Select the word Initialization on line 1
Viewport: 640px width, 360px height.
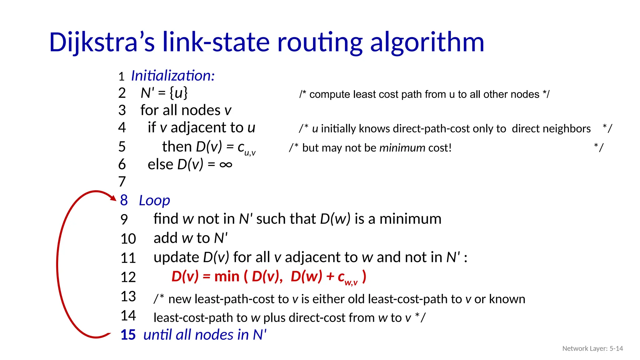click(172, 76)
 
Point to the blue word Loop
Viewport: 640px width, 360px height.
click(154, 201)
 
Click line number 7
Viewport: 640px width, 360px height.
click(122, 182)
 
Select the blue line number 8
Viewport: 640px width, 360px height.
click(124, 200)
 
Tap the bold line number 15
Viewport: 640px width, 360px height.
click(128, 335)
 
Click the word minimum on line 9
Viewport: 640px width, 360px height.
click(410, 219)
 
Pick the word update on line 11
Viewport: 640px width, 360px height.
click(176, 257)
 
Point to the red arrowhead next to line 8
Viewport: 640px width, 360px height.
click(113, 197)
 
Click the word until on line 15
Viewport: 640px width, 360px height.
click(158, 335)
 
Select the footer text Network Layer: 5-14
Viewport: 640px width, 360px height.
click(592, 348)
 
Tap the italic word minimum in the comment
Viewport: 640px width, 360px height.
click(402, 148)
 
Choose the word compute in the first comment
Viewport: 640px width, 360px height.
click(329, 94)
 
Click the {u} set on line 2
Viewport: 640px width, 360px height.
click(178, 93)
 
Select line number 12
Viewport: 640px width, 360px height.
click(128, 277)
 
